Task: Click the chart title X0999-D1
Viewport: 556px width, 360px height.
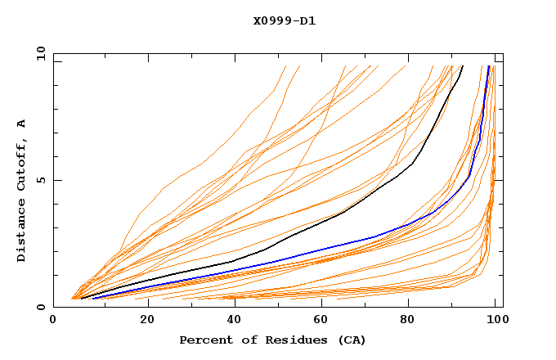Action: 284,20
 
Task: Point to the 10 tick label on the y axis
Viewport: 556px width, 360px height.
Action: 41,53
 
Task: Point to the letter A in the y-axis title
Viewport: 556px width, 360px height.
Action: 22,124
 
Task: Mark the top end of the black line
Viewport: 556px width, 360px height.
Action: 463,65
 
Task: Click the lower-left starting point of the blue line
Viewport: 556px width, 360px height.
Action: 92,299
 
